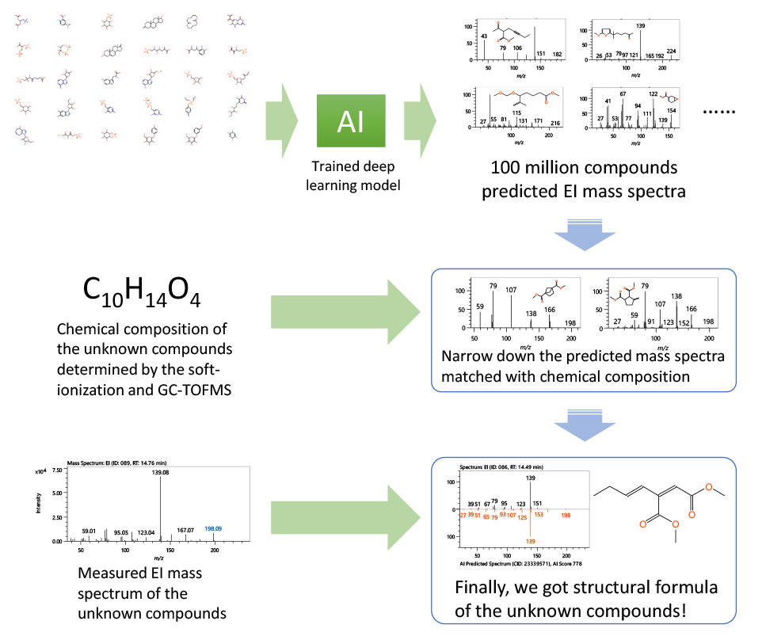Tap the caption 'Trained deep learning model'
click(x=350, y=173)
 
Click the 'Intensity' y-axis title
click(x=38, y=505)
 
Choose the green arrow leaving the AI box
click(x=419, y=120)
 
